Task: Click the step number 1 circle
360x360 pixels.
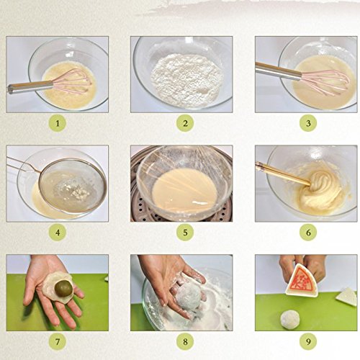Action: click(58, 123)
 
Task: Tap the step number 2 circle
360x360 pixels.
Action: click(185, 123)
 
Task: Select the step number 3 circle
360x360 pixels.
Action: click(308, 123)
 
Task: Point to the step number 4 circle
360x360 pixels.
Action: click(58, 233)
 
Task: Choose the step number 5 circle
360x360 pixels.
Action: click(185, 233)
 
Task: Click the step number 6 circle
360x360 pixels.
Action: click(308, 233)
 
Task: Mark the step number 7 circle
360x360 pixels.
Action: click(58, 341)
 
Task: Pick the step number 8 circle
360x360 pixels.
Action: click(185, 341)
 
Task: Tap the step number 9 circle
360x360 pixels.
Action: click(308, 341)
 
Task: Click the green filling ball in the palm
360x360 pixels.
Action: click(63, 289)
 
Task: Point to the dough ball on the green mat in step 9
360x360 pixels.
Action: click(290, 320)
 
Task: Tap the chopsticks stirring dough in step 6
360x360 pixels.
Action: click(283, 174)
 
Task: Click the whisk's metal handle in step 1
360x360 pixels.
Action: click(30, 87)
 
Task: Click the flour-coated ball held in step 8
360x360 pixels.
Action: click(189, 296)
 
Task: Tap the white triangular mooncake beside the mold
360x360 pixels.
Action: click(346, 297)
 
